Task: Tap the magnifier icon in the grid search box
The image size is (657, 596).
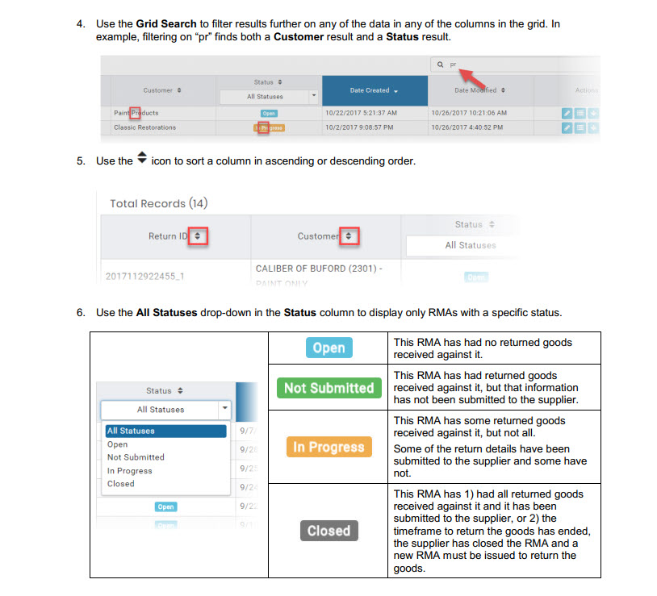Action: coord(440,64)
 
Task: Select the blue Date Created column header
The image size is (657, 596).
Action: coord(374,90)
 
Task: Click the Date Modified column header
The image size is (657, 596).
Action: coord(479,90)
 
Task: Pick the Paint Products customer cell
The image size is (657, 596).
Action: coord(136,114)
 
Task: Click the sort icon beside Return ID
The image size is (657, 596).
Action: coord(198,236)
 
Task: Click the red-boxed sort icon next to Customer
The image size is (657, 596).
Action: coord(348,236)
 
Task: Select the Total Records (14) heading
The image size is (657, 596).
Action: coord(159,203)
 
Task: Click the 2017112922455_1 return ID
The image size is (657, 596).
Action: coord(146,276)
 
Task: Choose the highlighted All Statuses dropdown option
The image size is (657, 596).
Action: coord(165,431)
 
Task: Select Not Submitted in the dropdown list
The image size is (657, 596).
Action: coord(136,457)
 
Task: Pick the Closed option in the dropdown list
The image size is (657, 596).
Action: coord(121,484)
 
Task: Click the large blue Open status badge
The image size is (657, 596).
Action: coord(328,348)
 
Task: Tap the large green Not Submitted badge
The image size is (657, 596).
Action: coord(328,388)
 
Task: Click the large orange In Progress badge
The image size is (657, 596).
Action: coord(328,447)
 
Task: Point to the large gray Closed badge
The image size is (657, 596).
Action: coord(328,531)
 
